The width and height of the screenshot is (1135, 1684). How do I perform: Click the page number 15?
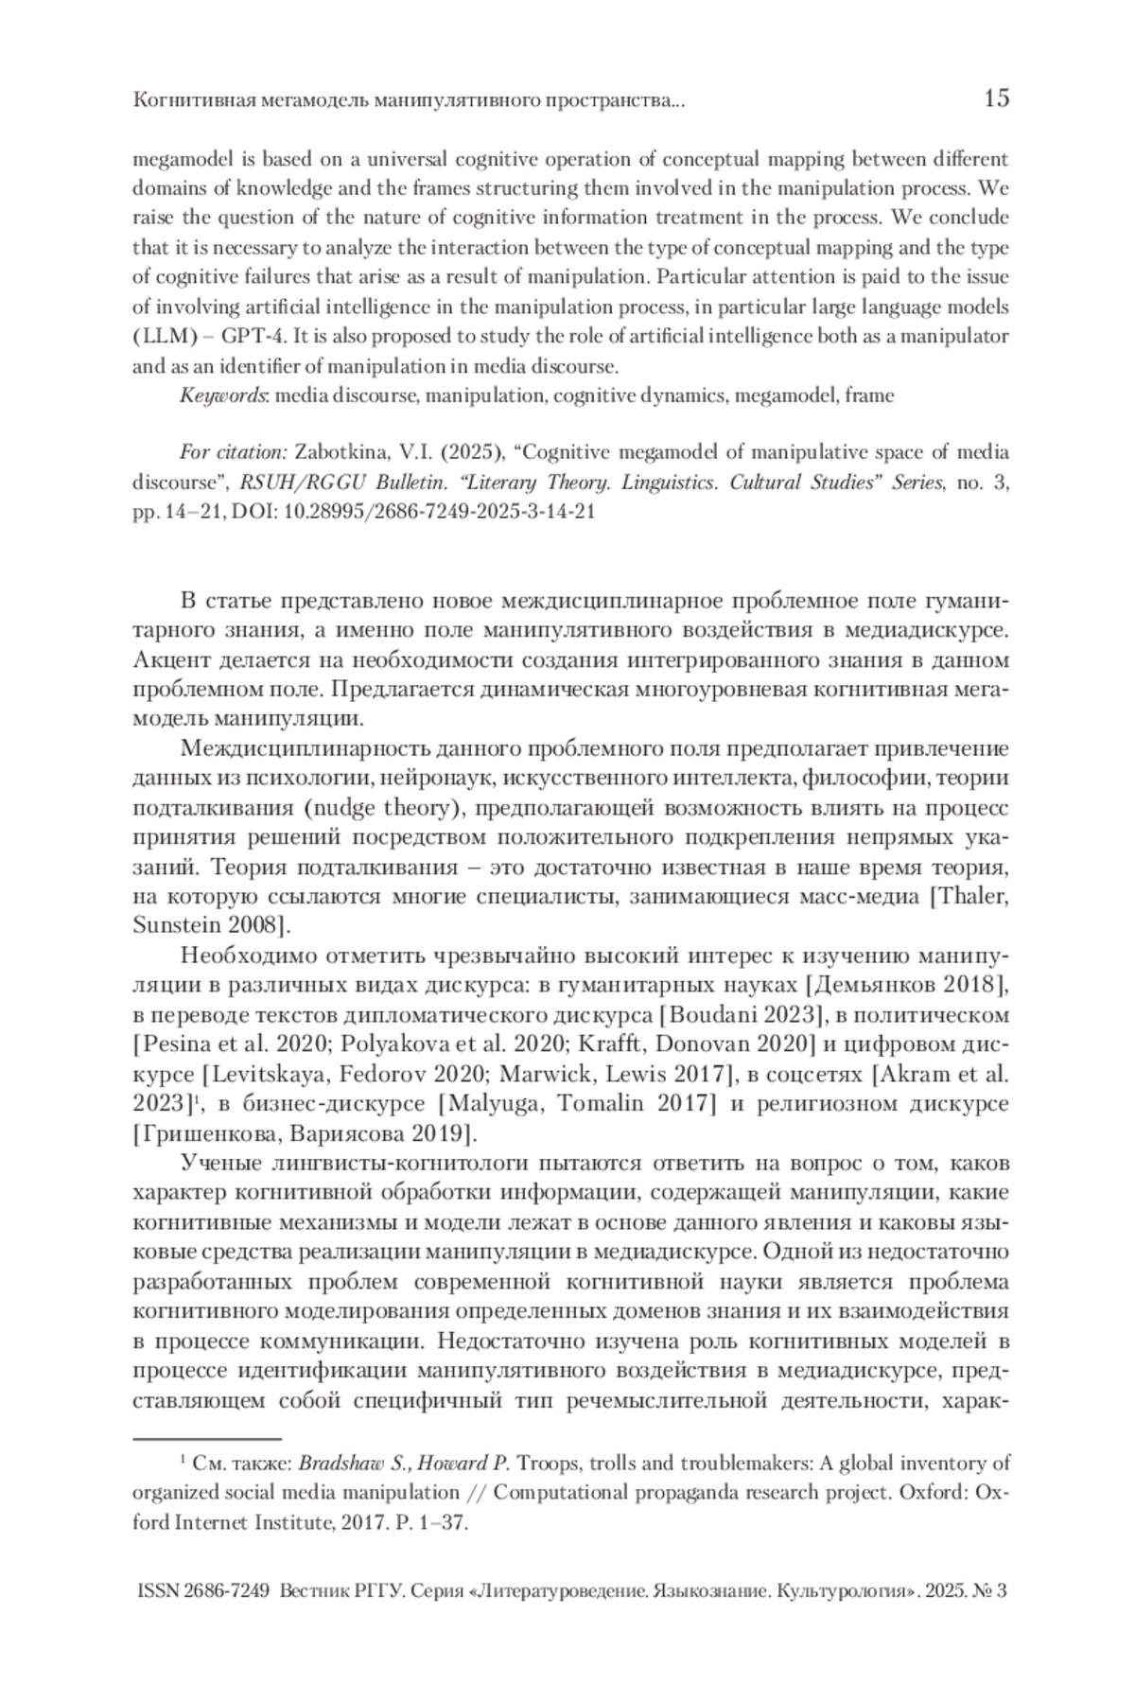point(995,97)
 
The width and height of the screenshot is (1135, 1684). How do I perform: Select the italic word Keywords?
point(223,395)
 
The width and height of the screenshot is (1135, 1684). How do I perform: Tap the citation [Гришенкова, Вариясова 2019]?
point(302,1132)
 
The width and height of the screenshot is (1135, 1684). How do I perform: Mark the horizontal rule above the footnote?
point(208,1438)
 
